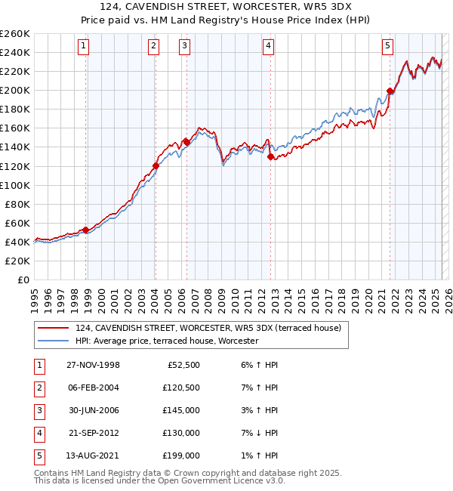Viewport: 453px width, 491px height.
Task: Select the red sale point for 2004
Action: pos(156,165)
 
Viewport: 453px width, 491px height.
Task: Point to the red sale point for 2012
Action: pos(270,156)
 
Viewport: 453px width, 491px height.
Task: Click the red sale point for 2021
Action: pos(390,91)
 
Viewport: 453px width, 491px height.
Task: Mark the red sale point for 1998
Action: pos(86,230)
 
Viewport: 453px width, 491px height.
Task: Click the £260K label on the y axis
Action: pos(14,33)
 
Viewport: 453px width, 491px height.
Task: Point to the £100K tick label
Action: pos(14,185)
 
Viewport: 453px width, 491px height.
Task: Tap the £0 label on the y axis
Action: pos(22,279)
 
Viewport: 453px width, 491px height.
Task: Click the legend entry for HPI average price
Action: pos(167,341)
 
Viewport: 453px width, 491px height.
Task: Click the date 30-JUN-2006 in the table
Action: pos(93,410)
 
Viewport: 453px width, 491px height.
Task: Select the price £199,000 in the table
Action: pos(181,455)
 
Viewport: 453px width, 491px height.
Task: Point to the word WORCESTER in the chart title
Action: pos(252,8)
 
